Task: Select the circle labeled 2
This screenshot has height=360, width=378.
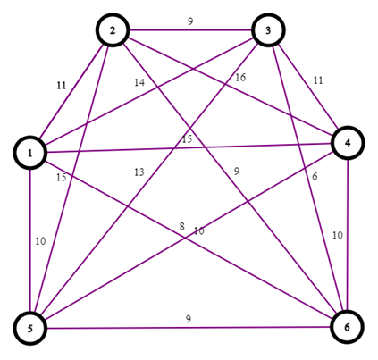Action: [x=113, y=30]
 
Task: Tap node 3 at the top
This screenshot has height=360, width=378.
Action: [x=268, y=30]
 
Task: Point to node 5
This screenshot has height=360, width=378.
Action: [x=30, y=327]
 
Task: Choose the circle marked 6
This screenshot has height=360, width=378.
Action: [x=349, y=327]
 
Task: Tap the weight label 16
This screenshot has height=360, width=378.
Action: [x=239, y=79]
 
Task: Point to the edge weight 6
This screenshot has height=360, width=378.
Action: [x=314, y=177]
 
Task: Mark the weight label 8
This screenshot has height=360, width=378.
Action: [x=181, y=227]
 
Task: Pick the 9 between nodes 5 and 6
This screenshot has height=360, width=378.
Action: [x=187, y=318]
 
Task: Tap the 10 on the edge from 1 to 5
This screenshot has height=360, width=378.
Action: [x=40, y=241]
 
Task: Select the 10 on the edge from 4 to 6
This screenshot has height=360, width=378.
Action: [x=336, y=235]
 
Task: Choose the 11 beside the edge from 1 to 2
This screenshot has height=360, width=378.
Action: [x=61, y=86]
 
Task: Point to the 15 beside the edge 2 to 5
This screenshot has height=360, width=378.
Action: [x=61, y=178]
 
